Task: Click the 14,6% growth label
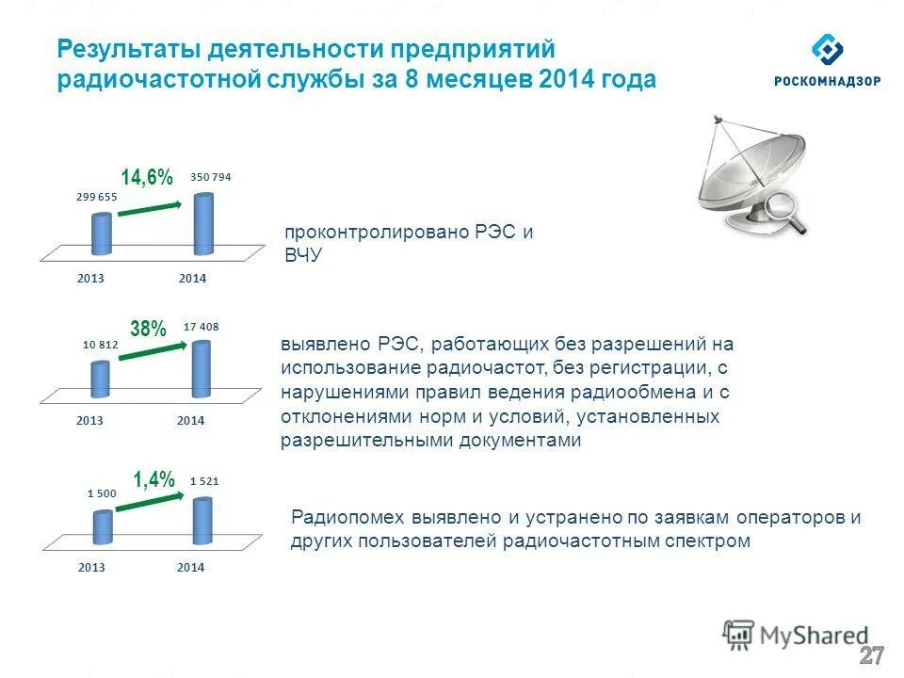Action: [147, 177]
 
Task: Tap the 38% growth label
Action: [148, 329]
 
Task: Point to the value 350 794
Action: [210, 177]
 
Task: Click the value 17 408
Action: [202, 327]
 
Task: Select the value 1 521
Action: [204, 481]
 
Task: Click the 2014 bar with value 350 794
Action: [203, 224]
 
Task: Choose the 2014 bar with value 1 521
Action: [202, 521]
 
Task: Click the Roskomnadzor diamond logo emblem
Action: [828, 50]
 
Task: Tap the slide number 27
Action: [872, 656]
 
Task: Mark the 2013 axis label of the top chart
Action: [91, 279]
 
